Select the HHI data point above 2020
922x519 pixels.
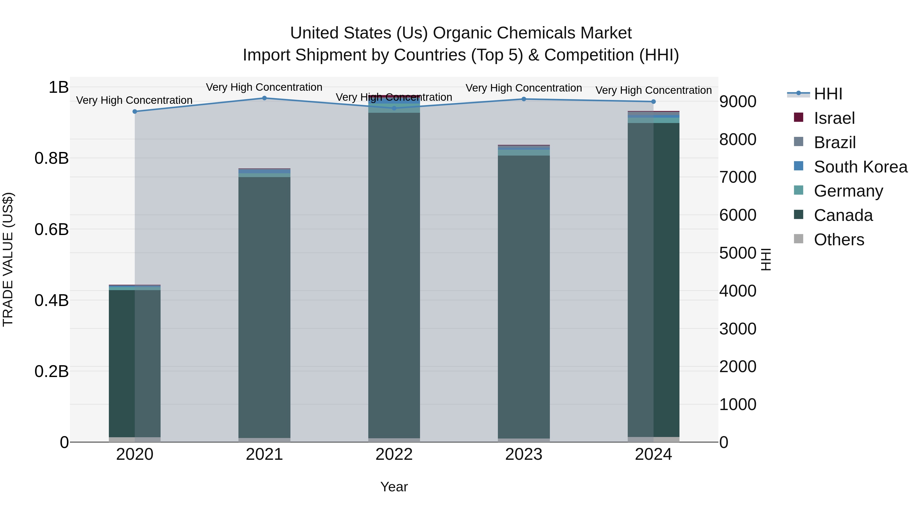tap(135, 111)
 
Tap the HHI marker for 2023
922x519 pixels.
tap(524, 99)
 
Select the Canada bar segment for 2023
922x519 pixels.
tap(524, 297)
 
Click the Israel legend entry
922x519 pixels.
tap(834, 118)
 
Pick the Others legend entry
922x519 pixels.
tap(839, 240)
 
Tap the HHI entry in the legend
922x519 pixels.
tap(828, 94)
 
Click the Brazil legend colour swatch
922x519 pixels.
tap(799, 142)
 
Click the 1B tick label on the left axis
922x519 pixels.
tap(58, 87)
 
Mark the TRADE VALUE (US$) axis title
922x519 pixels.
tap(8, 259)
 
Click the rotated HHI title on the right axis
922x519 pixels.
tap(765, 259)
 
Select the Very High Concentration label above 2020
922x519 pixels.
tap(134, 100)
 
